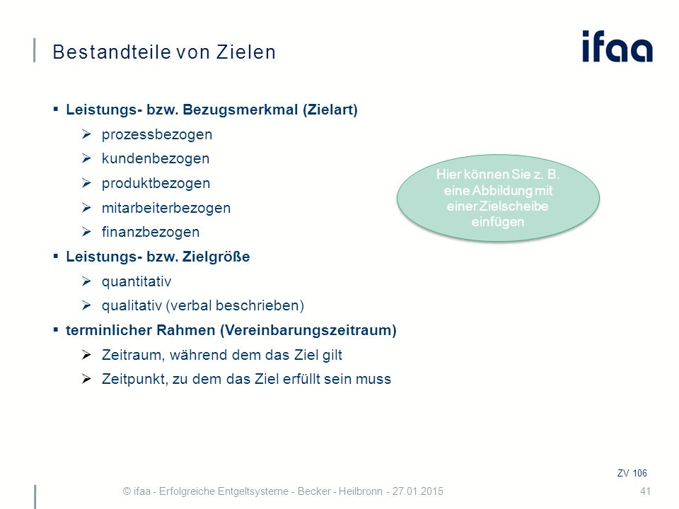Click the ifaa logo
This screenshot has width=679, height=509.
click(x=617, y=46)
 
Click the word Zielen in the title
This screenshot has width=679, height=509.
click(x=246, y=52)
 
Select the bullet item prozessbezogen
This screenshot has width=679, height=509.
click(x=157, y=134)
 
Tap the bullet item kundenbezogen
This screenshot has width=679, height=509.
click(x=156, y=158)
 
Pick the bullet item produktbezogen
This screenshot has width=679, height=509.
click(x=156, y=183)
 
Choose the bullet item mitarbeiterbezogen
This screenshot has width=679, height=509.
click(x=166, y=208)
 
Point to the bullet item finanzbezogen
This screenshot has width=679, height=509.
click(x=150, y=232)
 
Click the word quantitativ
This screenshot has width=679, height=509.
click(x=137, y=282)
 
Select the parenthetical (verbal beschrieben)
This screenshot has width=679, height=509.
click(x=235, y=305)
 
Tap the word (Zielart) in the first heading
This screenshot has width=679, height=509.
click(x=330, y=110)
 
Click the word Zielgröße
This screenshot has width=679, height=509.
click(x=216, y=257)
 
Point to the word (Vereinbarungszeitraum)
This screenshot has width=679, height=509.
click(x=308, y=330)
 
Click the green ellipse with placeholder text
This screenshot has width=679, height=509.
click(x=498, y=198)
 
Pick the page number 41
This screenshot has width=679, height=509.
click(x=645, y=491)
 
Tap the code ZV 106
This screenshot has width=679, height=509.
click(x=632, y=473)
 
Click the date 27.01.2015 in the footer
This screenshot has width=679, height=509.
click(x=418, y=491)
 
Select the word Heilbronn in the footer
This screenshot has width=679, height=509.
click(x=360, y=491)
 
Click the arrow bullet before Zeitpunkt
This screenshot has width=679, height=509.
click(x=86, y=379)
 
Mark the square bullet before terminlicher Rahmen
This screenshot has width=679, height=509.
click(x=55, y=330)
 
